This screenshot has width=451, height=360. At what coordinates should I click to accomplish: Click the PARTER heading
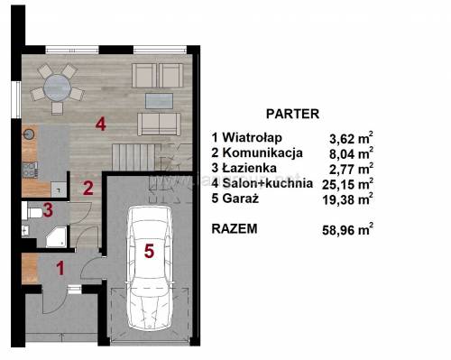coord(292,114)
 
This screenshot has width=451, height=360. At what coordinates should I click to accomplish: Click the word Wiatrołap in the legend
coord(253,138)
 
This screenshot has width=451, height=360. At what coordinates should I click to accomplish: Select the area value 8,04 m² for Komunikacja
coord(351,153)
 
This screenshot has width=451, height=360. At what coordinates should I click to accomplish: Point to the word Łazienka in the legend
coord(250,168)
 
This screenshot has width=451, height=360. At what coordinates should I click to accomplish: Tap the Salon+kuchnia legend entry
coord(262,183)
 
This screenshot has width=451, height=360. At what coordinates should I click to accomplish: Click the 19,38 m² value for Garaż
coord(348,198)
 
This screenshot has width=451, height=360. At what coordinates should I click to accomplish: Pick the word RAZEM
coord(235,229)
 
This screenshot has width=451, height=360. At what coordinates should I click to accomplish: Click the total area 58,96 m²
coord(348,229)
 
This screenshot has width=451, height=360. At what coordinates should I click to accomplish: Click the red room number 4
coord(101,124)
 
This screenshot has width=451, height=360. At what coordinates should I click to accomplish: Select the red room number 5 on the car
coord(149,251)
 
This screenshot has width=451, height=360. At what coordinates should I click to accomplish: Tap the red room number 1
coord(60,268)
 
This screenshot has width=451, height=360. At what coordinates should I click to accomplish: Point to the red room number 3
coord(48,210)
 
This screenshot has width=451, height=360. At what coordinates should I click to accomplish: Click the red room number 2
coord(88,189)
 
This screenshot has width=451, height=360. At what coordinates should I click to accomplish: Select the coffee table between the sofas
coord(159,101)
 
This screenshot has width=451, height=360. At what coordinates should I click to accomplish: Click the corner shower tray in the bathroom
coord(56,237)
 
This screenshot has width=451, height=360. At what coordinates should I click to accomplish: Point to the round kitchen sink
coord(29,134)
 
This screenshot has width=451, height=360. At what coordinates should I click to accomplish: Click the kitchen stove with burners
coord(30,170)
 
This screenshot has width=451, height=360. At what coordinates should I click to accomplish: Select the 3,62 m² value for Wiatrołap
coord(351,138)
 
